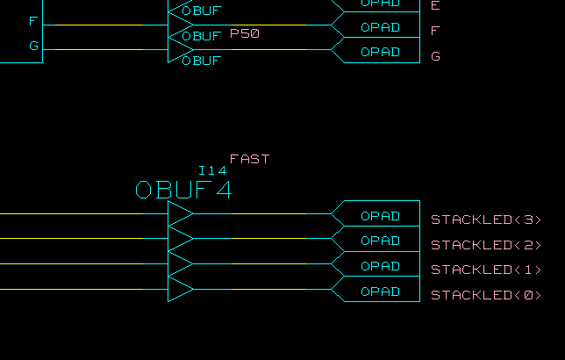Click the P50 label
click(245, 33)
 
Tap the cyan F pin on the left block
click(33, 21)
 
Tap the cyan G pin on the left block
click(33, 46)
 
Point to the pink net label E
click(435, 6)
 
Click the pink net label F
click(435, 32)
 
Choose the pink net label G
click(435, 56)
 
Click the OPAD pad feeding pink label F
click(380, 27)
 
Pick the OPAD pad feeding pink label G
click(380, 52)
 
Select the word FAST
click(249, 159)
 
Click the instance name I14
click(212, 170)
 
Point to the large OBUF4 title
click(184, 190)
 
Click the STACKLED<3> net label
click(486, 220)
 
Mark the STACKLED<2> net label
click(486, 245)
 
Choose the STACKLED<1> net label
click(486, 270)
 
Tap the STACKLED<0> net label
click(486, 295)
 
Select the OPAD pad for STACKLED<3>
click(380, 216)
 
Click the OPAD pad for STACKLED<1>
click(380, 266)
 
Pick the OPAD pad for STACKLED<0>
click(380, 292)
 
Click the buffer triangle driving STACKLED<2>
click(179, 239)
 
